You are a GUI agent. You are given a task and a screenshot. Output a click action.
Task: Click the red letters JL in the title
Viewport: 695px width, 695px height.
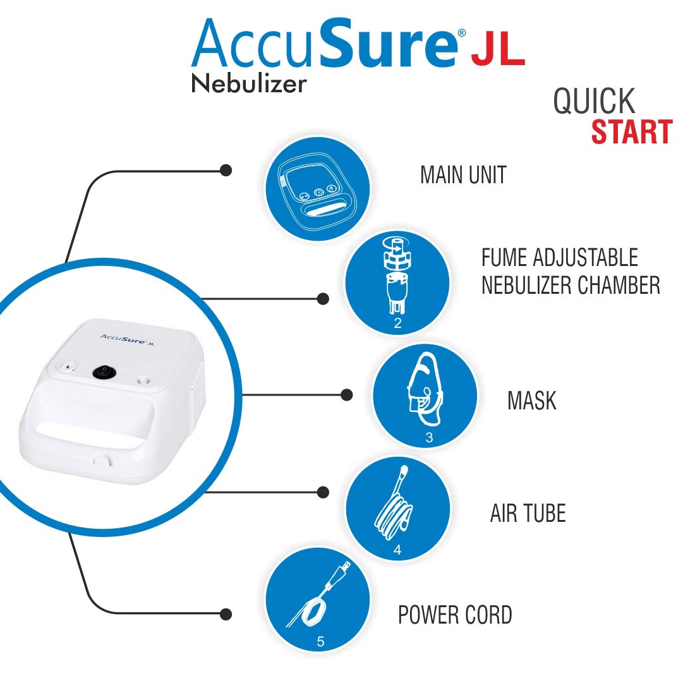pyautogui.click(x=497, y=51)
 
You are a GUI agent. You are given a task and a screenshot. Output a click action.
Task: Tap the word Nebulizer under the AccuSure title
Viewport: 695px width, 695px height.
pyautogui.click(x=249, y=84)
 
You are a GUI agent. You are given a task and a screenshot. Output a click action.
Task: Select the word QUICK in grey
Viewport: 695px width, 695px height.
pyautogui.click(x=594, y=101)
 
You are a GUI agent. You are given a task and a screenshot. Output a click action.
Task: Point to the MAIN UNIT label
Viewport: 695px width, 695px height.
pyautogui.click(x=463, y=175)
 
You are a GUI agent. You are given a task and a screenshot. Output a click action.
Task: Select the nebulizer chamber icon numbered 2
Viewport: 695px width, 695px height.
pyautogui.click(x=397, y=282)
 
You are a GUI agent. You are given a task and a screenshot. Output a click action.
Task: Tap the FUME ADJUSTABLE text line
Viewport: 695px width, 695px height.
pyautogui.click(x=559, y=258)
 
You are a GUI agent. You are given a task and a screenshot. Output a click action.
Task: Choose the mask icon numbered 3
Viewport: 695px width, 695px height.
pyautogui.click(x=425, y=395)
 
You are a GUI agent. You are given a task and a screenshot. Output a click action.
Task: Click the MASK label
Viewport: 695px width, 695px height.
pyautogui.click(x=531, y=401)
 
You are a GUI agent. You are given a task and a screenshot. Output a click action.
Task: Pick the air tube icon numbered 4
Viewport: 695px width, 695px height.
pyautogui.click(x=397, y=509)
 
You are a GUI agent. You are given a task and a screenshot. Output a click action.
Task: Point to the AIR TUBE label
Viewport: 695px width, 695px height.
pyautogui.click(x=528, y=514)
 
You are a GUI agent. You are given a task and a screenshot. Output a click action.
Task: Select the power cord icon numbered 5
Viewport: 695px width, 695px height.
pyautogui.click(x=317, y=601)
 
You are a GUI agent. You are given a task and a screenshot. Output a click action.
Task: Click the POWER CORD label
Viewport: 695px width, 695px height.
pyautogui.click(x=454, y=615)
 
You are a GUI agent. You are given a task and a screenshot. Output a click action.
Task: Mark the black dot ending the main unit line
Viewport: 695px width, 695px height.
pyautogui.click(x=226, y=170)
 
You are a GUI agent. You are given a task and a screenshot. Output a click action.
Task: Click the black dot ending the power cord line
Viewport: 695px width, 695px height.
pyautogui.click(x=226, y=613)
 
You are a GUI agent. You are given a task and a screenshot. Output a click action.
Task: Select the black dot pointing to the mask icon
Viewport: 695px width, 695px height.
pyautogui.click(x=346, y=395)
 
